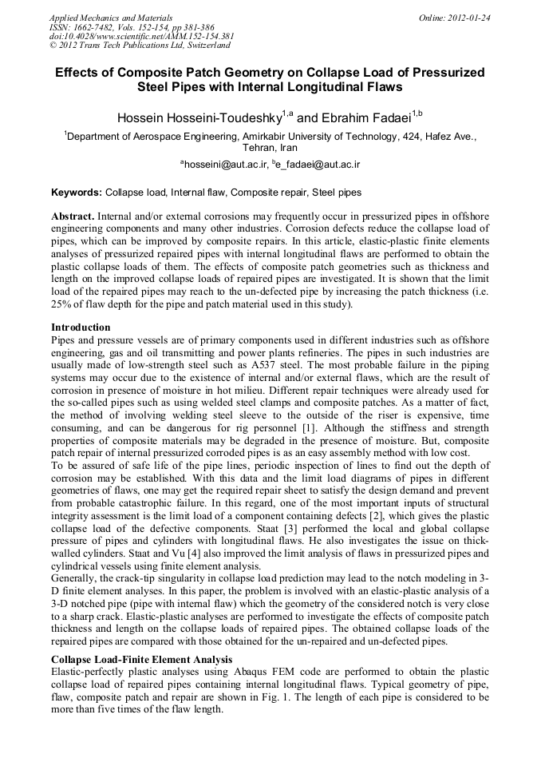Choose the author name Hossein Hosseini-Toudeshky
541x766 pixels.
(199, 117)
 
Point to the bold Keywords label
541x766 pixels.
(76, 192)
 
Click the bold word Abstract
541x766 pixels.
(73, 217)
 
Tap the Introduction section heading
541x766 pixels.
(81, 327)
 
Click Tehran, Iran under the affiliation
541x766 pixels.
(270, 149)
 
